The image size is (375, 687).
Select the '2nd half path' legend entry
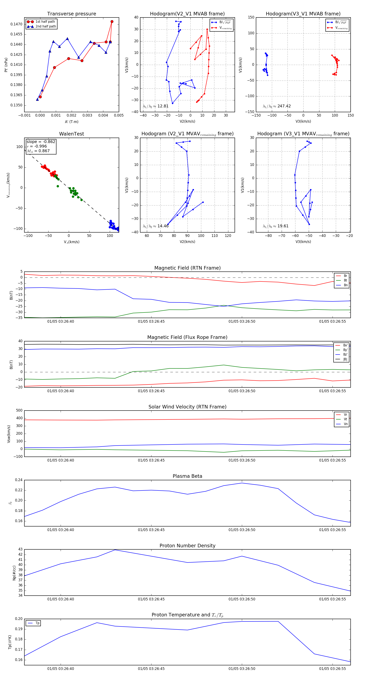tap(46, 26)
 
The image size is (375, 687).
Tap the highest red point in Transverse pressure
tap(112, 22)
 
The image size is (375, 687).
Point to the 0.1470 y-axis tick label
tap(16, 24)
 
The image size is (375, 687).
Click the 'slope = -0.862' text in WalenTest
tap(41, 142)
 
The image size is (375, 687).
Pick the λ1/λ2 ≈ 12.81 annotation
tap(156, 106)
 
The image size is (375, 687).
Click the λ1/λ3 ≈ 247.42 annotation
tap(277, 106)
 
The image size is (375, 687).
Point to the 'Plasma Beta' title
tap(187, 476)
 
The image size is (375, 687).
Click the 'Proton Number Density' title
tap(187, 546)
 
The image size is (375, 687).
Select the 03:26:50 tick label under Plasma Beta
tap(242, 530)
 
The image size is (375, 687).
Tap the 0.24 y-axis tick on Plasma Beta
tap(19, 480)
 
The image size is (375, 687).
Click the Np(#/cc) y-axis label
tap(14, 573)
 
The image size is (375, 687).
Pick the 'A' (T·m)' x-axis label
tap(71, 122)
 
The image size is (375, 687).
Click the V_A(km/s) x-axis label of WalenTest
tap(71, 242)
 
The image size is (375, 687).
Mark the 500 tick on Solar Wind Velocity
tap(19, 411)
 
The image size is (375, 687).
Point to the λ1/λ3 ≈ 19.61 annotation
tap(276, 226)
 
